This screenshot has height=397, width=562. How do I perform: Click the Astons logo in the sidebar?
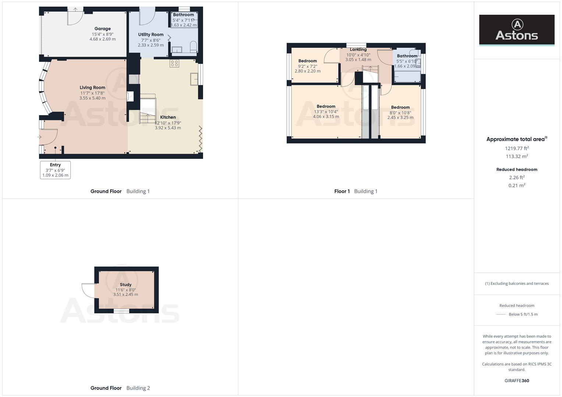[516, 30]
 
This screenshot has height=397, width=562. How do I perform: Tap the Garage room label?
[102, 29]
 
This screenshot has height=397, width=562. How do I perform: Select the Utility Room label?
[151, 35]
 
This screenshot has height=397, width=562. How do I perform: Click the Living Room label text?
[92, 87]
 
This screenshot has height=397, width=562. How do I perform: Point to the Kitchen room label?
[168, 117]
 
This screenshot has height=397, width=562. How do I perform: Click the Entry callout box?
[55, 170]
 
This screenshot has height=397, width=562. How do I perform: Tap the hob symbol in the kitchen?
[174, 63]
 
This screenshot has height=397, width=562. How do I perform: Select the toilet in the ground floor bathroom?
[193, 47]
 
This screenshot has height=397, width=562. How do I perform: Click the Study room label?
[126, 285]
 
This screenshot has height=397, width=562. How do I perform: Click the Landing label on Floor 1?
[358, 50]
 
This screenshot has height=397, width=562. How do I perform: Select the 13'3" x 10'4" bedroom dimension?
[326, 112]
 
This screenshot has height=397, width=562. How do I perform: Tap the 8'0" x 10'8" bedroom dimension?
[400, 113]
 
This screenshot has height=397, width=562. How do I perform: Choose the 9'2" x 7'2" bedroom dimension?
[307, 67]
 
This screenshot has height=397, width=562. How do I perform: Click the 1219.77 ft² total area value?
[517, 149]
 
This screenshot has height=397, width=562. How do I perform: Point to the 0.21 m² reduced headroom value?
[517, 186]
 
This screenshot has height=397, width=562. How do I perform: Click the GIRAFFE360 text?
[517, 380]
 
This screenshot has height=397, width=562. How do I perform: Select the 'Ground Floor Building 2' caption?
[120, 388]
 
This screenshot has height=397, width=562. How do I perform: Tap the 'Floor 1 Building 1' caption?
[356, 191]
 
